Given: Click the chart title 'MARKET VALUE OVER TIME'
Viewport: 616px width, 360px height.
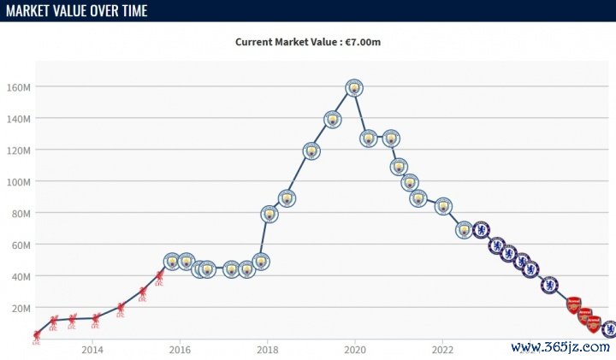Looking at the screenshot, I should pos(77,11).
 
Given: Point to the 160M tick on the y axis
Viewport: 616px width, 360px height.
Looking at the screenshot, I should pos(20,87).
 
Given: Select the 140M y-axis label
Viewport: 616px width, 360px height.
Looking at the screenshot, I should pos(20,119).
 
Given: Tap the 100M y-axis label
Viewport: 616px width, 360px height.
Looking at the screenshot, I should pos(20,182).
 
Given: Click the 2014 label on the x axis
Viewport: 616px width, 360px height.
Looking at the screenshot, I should pos(92,349).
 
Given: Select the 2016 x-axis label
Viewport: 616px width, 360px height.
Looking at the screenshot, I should pos(180,349).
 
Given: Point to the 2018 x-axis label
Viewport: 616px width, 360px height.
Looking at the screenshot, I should pos(268,349).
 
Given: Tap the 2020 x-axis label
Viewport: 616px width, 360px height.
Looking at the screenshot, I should pos(355,349).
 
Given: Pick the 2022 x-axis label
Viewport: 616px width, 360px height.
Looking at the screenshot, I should pos(443,349).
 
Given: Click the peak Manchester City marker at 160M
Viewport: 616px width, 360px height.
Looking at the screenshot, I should pos(354,87).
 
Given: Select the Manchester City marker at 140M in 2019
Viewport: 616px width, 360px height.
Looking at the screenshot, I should pos(333,119).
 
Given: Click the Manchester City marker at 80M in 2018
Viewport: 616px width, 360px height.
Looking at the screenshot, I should pos(269,214).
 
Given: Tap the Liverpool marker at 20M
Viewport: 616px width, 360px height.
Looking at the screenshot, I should pos(121,309).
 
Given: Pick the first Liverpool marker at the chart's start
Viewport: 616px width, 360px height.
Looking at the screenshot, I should pos(36,336).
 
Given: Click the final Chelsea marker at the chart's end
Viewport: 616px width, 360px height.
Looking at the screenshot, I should pos(608,328).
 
